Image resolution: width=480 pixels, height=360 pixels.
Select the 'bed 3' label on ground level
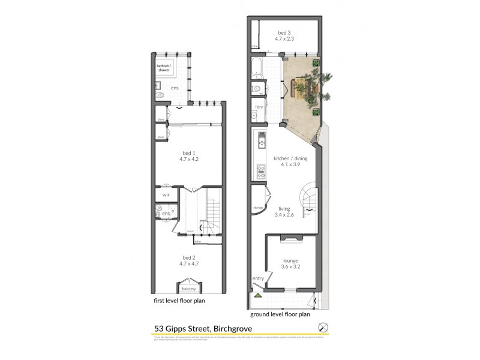(x=284, y=33)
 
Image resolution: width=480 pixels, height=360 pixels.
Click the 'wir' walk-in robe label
(x=164, y=194)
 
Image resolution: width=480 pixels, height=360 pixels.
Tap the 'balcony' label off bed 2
(x=189, y=287)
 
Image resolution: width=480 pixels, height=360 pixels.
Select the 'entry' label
(x=258, y=278)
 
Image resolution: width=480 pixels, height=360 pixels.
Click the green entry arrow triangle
(x=258, y=296)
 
